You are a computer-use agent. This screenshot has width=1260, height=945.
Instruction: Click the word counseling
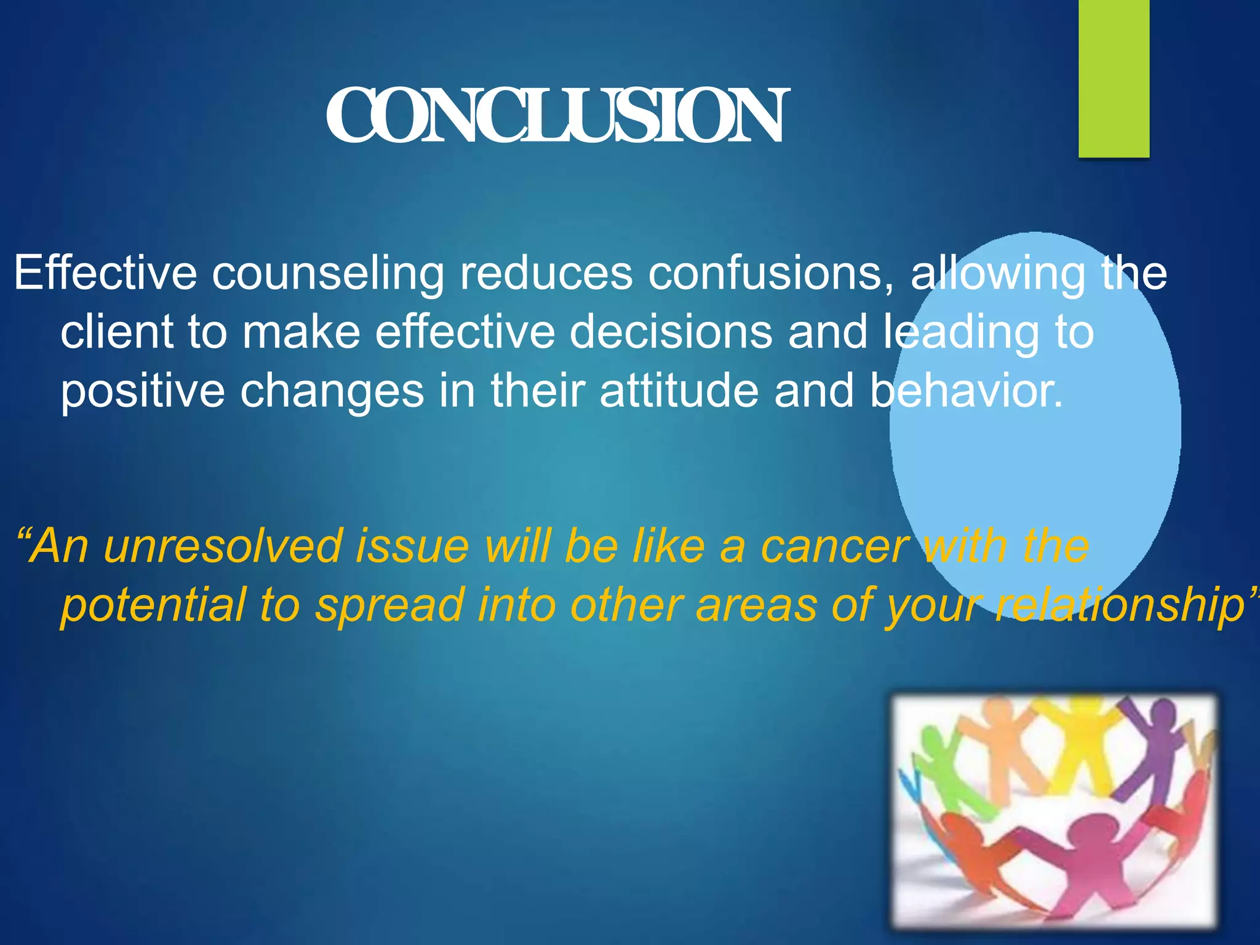point(328,273)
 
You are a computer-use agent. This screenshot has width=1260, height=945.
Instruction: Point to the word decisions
point(671,332)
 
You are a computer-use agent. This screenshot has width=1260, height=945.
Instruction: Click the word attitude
point(679,391)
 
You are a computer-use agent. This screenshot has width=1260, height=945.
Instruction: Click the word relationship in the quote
point(1120,605)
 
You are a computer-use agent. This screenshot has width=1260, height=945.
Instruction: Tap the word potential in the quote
point(154,605)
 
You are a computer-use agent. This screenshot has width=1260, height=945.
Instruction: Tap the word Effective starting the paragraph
point(105,273)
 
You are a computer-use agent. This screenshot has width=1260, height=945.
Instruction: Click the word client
point(117,332)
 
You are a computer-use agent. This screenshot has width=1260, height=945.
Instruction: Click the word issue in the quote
point(412,546)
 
